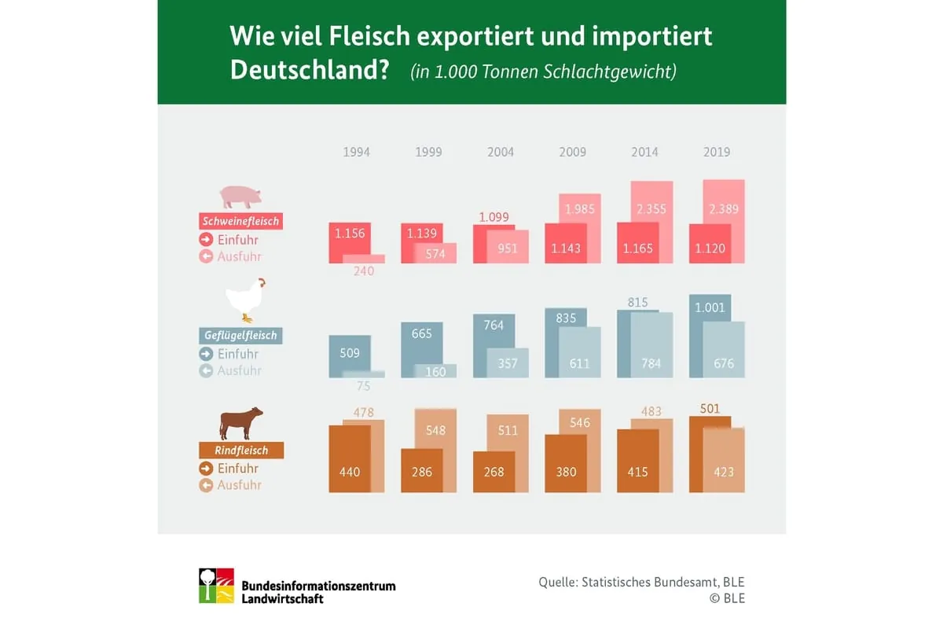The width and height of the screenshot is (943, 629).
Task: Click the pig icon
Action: pyautogui.click(x=240, y=197)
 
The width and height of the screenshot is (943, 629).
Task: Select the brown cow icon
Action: pyautogui.click(x=240, y=423)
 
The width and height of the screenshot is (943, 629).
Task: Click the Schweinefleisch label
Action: pyautogui.click(x=240, y=221)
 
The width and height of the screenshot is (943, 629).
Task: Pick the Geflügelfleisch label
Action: pyautogui.click(x=240, y=336)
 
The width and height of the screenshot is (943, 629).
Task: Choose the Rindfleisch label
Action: pyautogui.click(x=241, y=451)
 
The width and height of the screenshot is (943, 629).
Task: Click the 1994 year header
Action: pyautogui.click(x=356, y=152)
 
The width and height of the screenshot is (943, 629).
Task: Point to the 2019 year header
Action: pyautogui.click(x=717, y=152)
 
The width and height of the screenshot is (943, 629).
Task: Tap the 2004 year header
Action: pyautogui.click(x=501, y=152)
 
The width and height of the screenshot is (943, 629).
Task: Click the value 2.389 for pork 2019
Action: pyautogui.click(x=723, y=210)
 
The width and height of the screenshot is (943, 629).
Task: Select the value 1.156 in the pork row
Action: pyautogui.click(x=350, y=234)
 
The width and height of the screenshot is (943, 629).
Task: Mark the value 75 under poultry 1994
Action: pyautogui.click(x=363, y=386)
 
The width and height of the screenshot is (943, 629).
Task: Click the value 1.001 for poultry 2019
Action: pyautogui.click(x=710, y=307)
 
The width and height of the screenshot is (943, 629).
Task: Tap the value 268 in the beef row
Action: pyautogui.click(x=494, y=472)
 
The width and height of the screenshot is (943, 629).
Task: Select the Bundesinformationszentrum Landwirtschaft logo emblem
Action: pyautogui.click(x=216, y=585)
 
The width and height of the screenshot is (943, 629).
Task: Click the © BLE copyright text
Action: pyautogui.click(x=727, y=598)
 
